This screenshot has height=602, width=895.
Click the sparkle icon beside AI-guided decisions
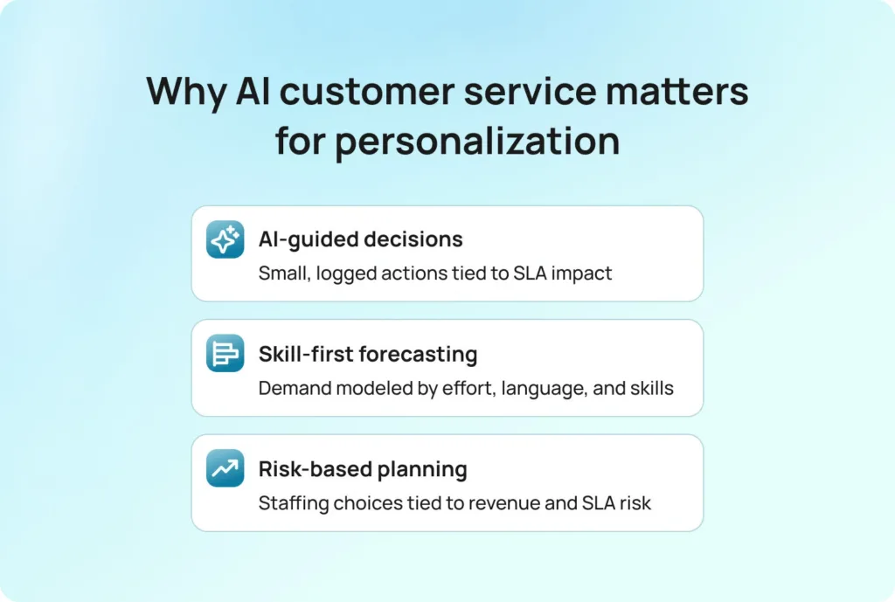click(225, 239)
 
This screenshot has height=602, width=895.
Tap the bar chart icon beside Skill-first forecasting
click(225, 353)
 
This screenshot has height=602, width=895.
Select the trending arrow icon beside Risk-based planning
click(225, 468)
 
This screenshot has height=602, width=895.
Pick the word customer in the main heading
click(367, 92)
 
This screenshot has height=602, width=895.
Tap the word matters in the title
click(676, 92)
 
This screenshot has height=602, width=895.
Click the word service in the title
click(530, 92)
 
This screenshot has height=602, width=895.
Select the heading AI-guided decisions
click(360, 239)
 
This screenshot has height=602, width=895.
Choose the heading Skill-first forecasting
click(368, 355)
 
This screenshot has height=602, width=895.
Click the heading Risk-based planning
click(363, 469)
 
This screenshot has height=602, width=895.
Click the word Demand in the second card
click(295, 389)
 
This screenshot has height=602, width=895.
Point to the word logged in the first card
click(346, 274)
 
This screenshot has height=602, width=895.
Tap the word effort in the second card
click(469, 388)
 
